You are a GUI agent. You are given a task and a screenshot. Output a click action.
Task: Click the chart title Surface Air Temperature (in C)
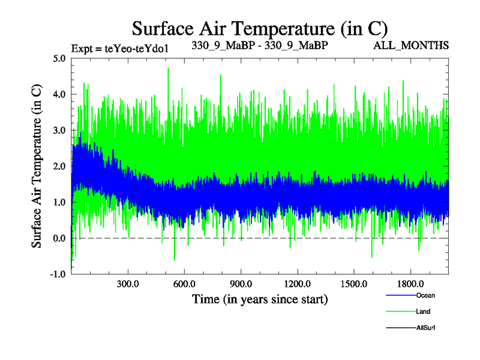260,28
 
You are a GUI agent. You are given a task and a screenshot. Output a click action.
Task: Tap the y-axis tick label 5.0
60,59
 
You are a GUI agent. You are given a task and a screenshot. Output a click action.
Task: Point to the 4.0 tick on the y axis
60,95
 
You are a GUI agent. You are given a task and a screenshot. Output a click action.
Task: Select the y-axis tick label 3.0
60,131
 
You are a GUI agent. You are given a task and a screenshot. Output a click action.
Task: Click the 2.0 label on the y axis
60,167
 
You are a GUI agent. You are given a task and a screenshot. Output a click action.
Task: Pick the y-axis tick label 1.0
60,203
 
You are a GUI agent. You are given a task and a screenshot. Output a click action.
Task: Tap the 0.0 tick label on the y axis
60,239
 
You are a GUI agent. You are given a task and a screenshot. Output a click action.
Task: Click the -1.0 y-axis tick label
59,275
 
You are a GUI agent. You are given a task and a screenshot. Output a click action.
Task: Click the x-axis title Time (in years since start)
260,299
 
